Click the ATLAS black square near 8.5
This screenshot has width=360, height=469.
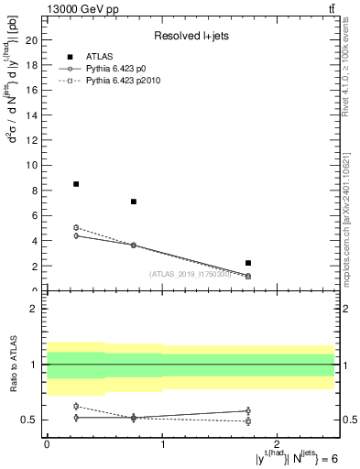(76, 184)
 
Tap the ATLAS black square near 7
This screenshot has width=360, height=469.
(134, 202)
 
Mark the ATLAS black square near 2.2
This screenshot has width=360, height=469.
(248, 263)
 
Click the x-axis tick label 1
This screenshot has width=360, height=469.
(162, 443)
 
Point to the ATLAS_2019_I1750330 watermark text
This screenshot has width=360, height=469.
(190, 274)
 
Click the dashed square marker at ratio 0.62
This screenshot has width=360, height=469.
(76, 406)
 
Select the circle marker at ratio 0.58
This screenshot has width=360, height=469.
(248, 410)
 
